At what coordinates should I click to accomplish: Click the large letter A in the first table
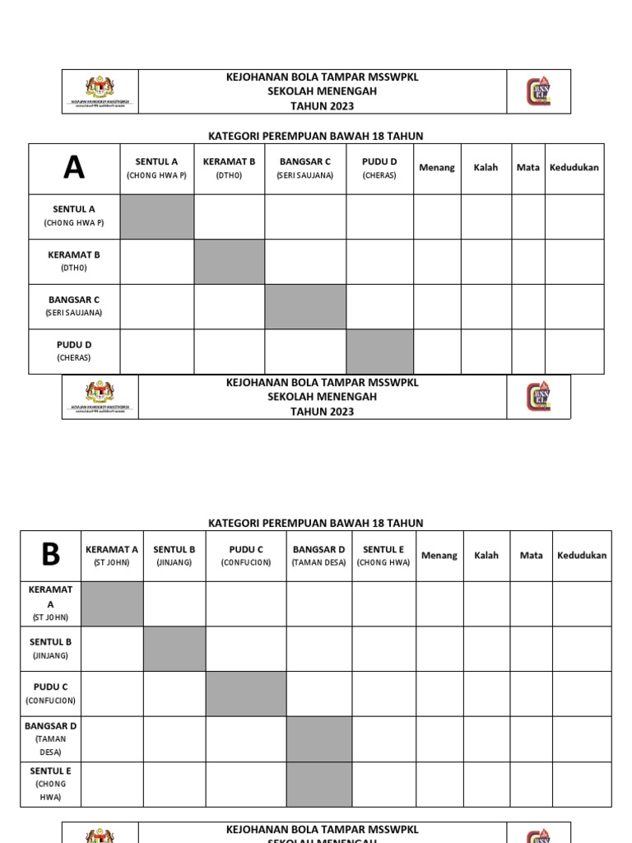pyautogui.click(x=74, y=168)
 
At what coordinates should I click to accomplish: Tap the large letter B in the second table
pyautogui.click(x=50, y=555)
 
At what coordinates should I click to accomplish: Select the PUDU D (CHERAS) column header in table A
pyautogui.click(x=379, y=168)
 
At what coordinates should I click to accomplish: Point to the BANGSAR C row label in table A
pyautogui.click(x=74, y=306)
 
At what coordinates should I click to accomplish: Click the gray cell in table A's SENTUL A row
pyautogui.click(x=157, y=217)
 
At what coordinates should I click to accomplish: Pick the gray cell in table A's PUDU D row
pyautogui.click(x=379, y=352)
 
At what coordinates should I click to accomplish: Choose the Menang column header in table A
pyautogui.click(x=437, y=168)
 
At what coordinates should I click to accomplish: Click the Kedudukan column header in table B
pyautogui.click(x=582, y=556)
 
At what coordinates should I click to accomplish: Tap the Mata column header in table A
pyautogui.click(x=528, y=168)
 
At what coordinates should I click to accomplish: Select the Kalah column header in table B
pyautogui.click(x=486, y=556)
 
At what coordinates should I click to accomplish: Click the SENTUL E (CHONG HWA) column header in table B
pyautogui.click(x=383, y=556)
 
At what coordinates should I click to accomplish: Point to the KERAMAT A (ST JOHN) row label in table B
pyautogui.click(x=50, y=603)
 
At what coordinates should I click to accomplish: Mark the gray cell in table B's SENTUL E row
pyautogui.click(x=319, y=784)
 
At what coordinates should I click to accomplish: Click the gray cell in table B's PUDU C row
pyautogui.click(x=246, y=693)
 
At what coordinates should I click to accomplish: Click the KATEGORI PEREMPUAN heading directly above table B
pyautogui.click(x=316, y=523)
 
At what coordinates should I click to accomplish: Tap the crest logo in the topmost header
pyautogui.click(x=100, y=91)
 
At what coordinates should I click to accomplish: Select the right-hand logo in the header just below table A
pyautogui.click(x=538, y=397)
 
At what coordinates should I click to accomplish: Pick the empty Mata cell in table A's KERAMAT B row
pyautogui.click(x=528, y=262)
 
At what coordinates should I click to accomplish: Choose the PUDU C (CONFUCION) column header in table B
pyautogui.click(x=246, y=556)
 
